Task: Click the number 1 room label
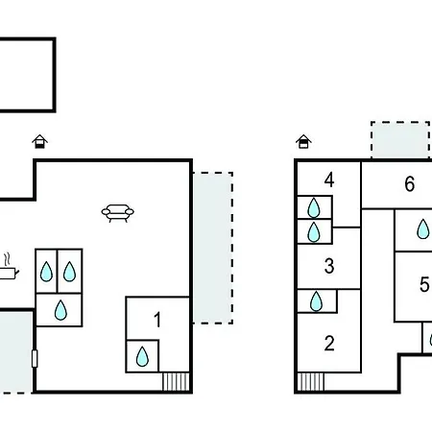[157, 320]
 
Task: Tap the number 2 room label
[329, 344]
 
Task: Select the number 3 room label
[329, 266]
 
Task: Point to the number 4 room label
[329, 180]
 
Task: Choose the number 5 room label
[424, 284]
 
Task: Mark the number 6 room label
[410, 184]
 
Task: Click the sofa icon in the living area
[118, 213]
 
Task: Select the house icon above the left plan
[39, 141]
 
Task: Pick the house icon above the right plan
[303, 141]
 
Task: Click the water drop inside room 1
[142, 356]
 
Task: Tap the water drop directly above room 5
[423, 228]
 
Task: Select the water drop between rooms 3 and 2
[316, 301]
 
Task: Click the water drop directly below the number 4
[314, 207]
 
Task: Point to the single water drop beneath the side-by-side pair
[60, 310]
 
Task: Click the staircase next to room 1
[176, 381]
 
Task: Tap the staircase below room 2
[311, 382]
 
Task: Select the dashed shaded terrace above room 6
[400, 140]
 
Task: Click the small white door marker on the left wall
[35, 358]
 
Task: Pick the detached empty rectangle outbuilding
[55, 75]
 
